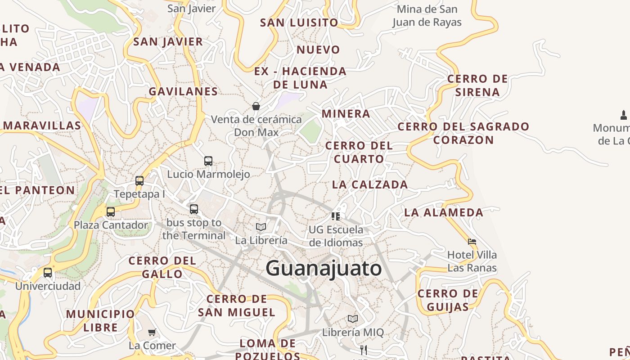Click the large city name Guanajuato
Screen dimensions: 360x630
[324, 269]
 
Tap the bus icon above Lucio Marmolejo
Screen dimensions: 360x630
[208, 161]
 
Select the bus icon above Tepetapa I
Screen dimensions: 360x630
[139, 181]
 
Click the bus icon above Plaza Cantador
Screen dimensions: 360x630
[111, 211]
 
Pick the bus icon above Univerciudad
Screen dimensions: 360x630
[48, 273]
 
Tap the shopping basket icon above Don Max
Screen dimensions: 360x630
[256, 106]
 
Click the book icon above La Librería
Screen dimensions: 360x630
[261, 227]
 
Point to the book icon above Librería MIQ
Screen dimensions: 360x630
[353, 319]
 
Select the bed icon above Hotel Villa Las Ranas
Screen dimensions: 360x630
[472, 242]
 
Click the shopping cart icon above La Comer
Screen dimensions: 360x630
[152, 333]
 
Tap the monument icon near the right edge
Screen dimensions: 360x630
[624, 115]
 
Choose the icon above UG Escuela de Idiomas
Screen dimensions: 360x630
[336, 216]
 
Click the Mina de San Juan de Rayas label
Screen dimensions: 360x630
[427, 16]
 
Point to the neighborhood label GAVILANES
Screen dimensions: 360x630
[183, 91]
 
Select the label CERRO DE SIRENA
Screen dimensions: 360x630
[477, 85]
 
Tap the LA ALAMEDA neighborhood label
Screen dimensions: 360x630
[444, 212]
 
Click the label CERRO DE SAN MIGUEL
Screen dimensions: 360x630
[237, 306]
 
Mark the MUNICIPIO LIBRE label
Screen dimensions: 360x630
[100, 320]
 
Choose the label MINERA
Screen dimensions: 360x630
[346, 114]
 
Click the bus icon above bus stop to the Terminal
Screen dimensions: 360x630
[194, 209]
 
